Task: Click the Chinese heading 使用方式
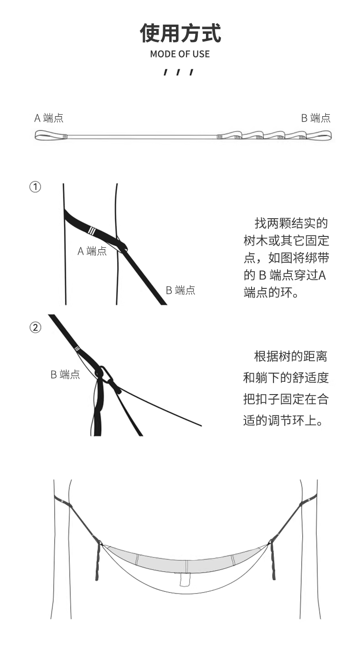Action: tap(180, 33)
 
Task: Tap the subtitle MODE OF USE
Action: tap(180, 54)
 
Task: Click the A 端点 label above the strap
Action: tap(49, 118)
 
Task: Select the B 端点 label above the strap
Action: tap(316, 118)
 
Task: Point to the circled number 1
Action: tap(35, 187)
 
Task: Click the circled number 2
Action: tap(35, 328)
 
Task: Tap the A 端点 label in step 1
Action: tap(92, 251)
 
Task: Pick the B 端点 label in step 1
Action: tap(180, 290)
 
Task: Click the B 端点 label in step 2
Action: tap(65, 375)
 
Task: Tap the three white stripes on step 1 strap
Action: tap(92, 231)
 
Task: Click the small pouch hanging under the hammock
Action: tap(185, 580)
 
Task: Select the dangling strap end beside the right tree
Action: tap(273, 560)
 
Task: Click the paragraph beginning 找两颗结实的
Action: tap(286, 258)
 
